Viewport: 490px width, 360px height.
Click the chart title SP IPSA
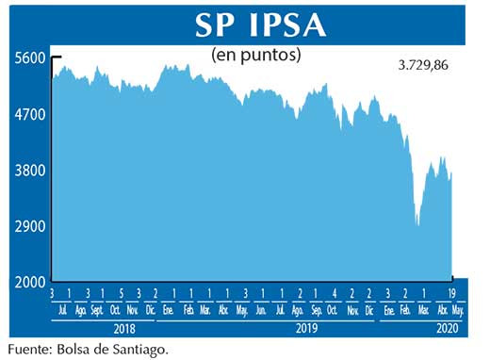click(x=247, y=25)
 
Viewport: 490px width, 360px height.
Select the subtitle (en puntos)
click(x=256, y=55)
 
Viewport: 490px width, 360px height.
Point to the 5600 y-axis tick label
click(x=29, y=57)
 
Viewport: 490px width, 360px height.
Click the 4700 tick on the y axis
click(x=29, y=114)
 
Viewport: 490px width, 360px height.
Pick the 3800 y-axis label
click(x=29, y=171)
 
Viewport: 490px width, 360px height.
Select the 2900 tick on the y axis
click(x=29, y=227)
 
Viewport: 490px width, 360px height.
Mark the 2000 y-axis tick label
click(x=29, y=283)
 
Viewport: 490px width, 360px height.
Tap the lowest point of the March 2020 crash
click(x=417, y=225)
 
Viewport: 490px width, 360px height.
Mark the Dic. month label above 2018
click(x=151, y=309)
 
